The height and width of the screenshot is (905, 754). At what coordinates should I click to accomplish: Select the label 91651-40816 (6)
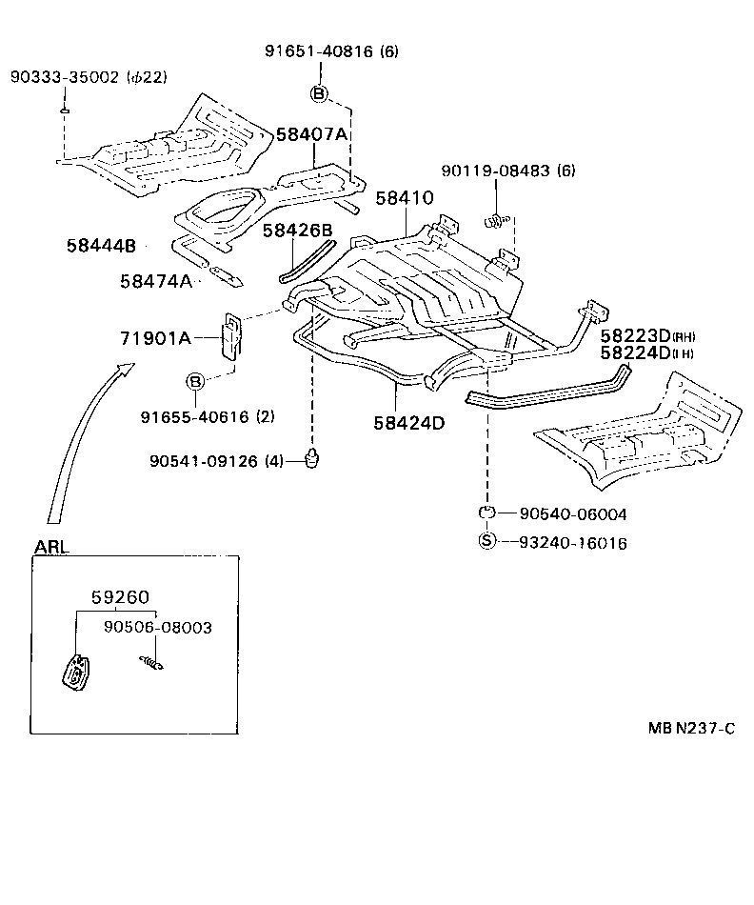click(x=330, y=53)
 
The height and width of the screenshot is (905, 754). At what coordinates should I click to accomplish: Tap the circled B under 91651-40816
click(x=319, y=92)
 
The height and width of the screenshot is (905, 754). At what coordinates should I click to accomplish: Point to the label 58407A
click(x=312, y=134)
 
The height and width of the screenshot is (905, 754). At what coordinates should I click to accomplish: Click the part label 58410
click(x=404, y=198)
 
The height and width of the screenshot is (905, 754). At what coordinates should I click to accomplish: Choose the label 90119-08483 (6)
click(x=508, y=171)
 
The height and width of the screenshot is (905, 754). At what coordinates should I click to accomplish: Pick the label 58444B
click(x=101, y=246)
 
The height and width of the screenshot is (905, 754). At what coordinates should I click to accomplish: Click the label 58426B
click(x=297, y=231)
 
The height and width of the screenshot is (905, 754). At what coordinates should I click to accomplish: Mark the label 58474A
click(x=156, y=281)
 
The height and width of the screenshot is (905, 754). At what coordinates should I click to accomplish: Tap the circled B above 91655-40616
click(x=194, y=382)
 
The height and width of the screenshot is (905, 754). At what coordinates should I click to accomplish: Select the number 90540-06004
click(x=573, y=514)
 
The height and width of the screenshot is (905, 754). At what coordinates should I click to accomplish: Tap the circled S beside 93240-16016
click(x=486, y=541)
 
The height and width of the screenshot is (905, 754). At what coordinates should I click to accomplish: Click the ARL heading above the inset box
click(x=51, y=548)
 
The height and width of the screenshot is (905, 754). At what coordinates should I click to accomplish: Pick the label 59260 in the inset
click(x=120, y=597)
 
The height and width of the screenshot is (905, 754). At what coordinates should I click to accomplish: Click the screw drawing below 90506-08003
click(x=149, y=661)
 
